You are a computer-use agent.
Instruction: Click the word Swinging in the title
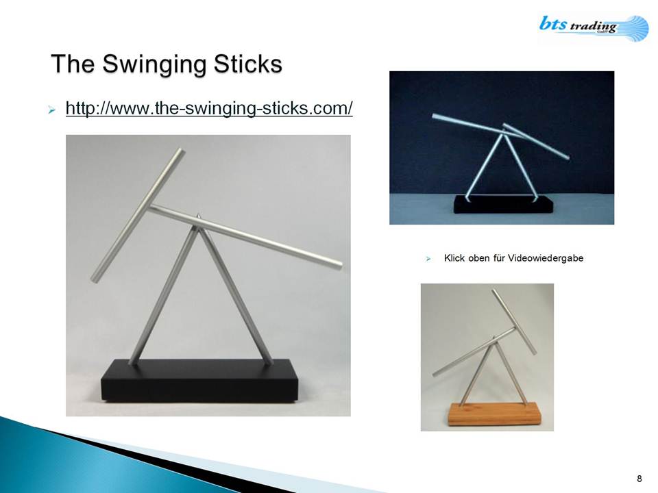point(154,65)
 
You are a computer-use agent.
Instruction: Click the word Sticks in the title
point(247,64)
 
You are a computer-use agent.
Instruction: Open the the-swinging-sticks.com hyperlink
point(209,108)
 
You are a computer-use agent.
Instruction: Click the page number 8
point(639,479)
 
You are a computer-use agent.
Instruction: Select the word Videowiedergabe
point(546,258)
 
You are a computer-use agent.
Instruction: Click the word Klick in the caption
point(454,258)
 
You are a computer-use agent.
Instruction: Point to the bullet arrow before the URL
point(52,110)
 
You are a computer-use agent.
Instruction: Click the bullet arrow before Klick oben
point(428,259)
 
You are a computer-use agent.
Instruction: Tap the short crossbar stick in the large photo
point(138,215)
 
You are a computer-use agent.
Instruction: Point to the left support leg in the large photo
point(163,296)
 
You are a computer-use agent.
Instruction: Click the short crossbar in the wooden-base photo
point(514,321)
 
